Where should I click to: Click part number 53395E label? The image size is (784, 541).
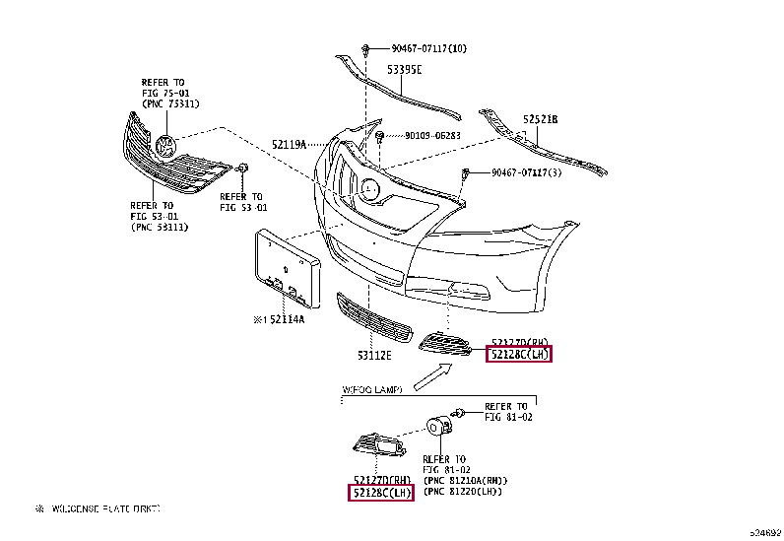coord(404,70)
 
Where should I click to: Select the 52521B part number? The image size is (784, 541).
coord(540,119)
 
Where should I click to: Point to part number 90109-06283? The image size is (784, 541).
coord(432,136)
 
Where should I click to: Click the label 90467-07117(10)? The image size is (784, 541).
coord(428,48)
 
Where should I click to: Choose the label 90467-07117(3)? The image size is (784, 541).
coord(526,173)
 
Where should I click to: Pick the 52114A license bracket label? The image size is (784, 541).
coord(279,319)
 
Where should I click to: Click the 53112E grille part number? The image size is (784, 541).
coord(374,354)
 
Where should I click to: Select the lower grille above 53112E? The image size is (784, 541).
coord(374,316)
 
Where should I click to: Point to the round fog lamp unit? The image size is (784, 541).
coord(436,427)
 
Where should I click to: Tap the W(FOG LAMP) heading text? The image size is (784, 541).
coord(372,390)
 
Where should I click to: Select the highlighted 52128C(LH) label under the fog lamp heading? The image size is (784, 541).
coord(381,492)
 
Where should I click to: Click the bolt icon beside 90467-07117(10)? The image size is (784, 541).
coord(364,47)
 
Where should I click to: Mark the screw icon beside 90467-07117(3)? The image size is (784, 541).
coord(465,174)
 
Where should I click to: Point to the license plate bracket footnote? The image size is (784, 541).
coord(98,508)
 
